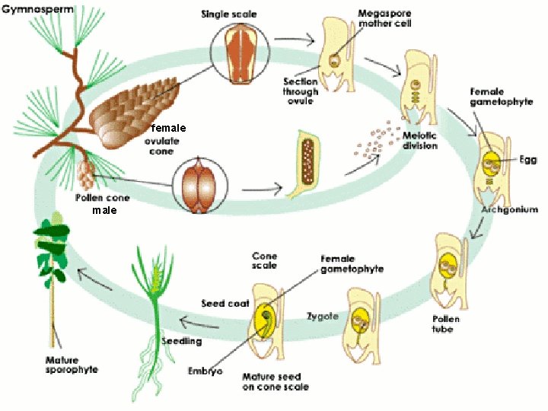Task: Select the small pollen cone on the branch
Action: (86, 173)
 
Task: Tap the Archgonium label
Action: (510, 209)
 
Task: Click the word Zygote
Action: (322, 315)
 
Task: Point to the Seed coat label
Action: (225, 303)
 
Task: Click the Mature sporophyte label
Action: (66, 365)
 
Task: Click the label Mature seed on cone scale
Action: (275, 381)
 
